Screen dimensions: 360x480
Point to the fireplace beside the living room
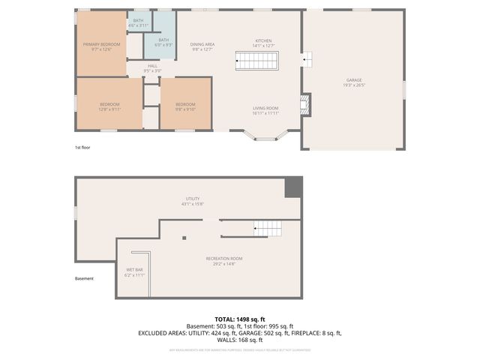tap(304, 104)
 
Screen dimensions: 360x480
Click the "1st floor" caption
tap(82, 148)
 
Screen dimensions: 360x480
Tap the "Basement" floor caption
tap(85, 279)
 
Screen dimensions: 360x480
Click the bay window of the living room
tap(265, 136)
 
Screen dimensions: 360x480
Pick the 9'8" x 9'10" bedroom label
tap(185, 106)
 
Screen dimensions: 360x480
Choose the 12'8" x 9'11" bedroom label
tap(110, 106)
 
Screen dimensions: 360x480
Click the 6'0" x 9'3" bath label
tap(163, 43)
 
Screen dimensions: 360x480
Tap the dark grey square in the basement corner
tap(293, 187)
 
